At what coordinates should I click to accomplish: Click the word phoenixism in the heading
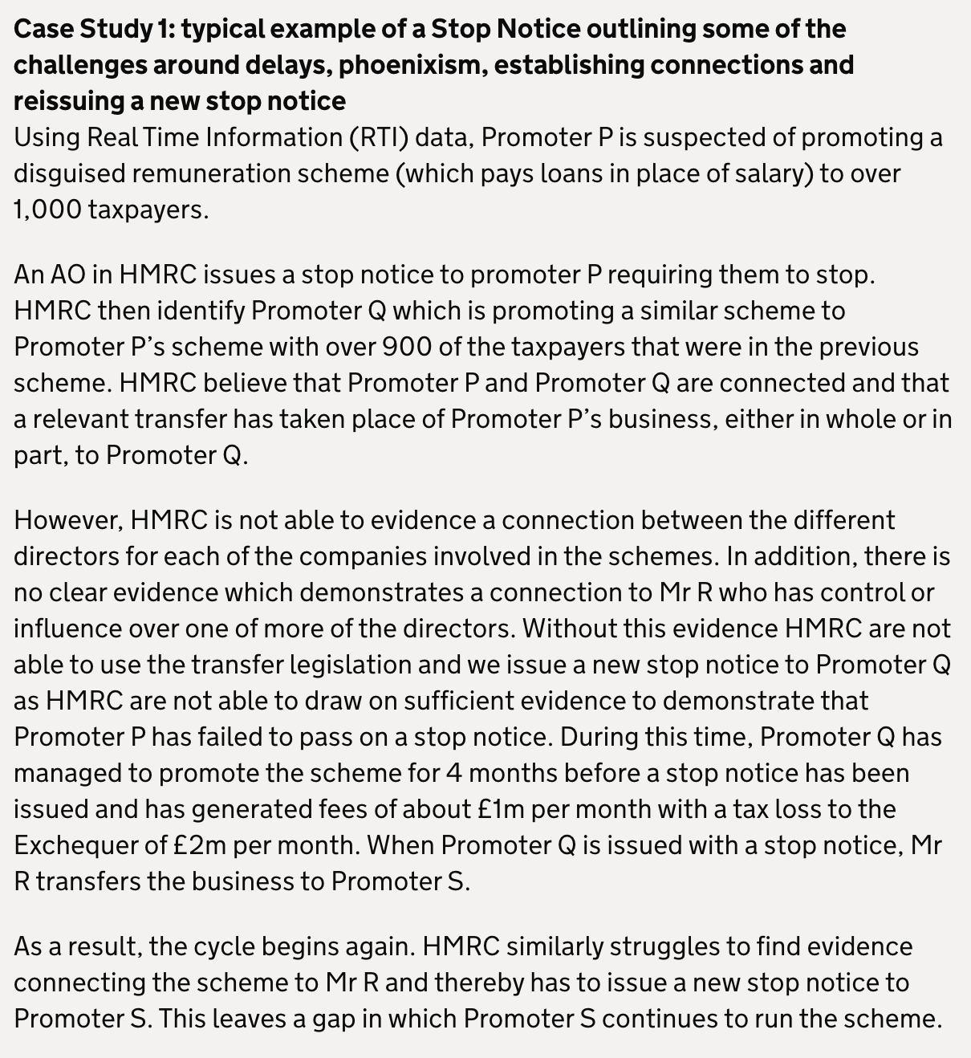(412, 65)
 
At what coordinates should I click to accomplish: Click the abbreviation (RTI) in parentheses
(377, 138)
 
